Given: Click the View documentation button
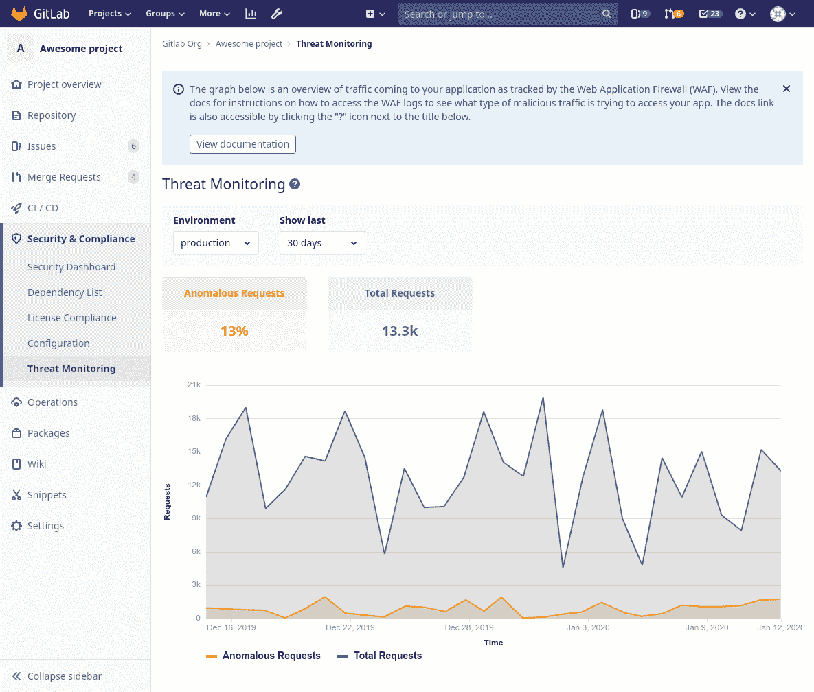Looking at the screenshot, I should tap(242, 144).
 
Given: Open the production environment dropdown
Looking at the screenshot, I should tap(216, 243).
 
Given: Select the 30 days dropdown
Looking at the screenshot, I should tap(322, 243).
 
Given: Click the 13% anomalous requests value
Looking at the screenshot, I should tap(234, 331).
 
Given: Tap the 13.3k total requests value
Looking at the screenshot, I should tap(400, 331).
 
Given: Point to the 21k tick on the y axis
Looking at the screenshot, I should tap(194, 385).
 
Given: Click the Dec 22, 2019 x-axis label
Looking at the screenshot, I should tap(350, 627).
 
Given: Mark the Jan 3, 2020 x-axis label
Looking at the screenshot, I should tap(588, 627).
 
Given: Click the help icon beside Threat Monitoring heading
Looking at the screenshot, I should tap(295, 184).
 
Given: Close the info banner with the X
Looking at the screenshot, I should tap(787, 89).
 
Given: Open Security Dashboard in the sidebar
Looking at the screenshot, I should tap(71, 267).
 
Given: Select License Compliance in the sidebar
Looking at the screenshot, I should tap(72, 318).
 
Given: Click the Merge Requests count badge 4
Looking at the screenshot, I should tap(133, 177).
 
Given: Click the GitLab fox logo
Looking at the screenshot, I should tap(19, 14).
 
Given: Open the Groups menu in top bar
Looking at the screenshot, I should tap(165, 14).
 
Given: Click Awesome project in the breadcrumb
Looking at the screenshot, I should tap(249, 43).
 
